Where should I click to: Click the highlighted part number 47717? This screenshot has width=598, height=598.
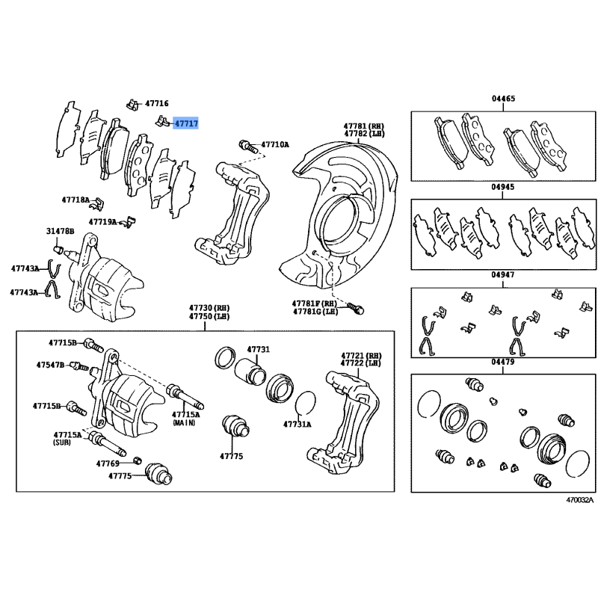click(x=186, y=123)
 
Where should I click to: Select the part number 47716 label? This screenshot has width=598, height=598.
click(x=157, y=104)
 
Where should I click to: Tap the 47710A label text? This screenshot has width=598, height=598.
click(x=274, y=144)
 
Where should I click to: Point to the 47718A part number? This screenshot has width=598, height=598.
click(x=75, y=200)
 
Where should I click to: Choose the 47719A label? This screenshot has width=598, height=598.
click(x=102, y=221)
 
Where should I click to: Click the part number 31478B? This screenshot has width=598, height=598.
click(x=60, y=232)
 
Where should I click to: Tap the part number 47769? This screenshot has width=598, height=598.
click(x=108, y=463)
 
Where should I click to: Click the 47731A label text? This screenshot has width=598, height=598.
click(x=298, y=424)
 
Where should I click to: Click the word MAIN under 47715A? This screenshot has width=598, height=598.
click(x=184, y=423)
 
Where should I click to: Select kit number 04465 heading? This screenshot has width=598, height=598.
click(x=503, y=99)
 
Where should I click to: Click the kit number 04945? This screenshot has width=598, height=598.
click(x=503, y=188)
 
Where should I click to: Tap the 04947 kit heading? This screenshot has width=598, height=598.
click(x=503, y=275)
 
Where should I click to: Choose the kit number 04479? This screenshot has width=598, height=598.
click(x=503, y=363)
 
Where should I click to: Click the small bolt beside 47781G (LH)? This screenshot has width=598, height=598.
click(x=356, y=307)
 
